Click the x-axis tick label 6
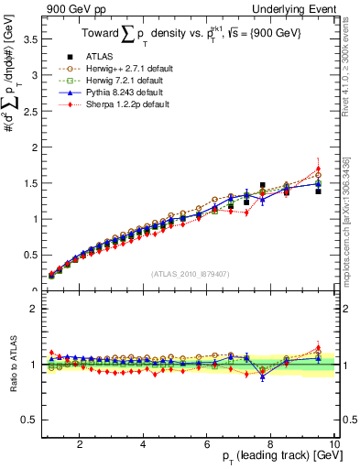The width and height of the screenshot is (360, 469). (x=207, y=443)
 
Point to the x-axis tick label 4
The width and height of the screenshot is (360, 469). (x=143, y=443)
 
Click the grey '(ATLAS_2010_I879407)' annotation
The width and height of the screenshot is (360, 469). (x=190, y=273)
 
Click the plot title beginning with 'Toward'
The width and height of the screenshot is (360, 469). (x=188, y=34)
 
